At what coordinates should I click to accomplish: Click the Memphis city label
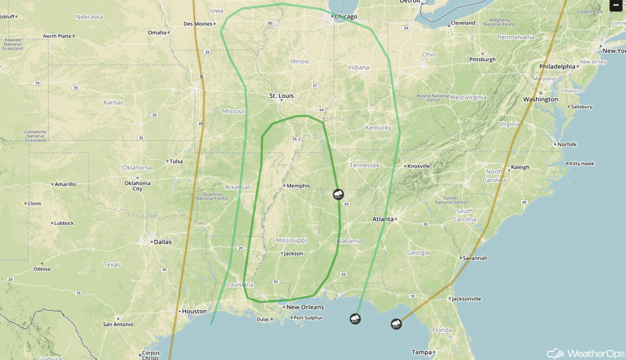(298, 186)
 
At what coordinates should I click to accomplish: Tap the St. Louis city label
(281, 96)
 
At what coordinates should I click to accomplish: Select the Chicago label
(346, 17)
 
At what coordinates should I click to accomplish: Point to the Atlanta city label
(383, 219)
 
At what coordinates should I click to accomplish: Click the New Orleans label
(304, 307)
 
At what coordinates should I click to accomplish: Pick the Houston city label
(194, 311)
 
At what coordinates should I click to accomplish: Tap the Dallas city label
(162, 242)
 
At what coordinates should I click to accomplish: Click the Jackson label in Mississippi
(293, 254)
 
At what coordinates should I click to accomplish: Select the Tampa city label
(421, 353)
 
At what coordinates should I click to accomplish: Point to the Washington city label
(540, 99)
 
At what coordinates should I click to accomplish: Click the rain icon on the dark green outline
(339, 194)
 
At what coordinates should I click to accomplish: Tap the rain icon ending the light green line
(356, 319)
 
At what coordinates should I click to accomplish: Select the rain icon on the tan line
(396, 324)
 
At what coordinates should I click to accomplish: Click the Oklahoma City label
(137, 186)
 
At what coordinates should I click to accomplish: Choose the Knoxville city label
(418, 166)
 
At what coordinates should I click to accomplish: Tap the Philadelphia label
(557, 67)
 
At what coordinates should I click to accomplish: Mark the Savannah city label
(475, 258)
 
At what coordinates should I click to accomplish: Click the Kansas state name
(113, 102)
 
